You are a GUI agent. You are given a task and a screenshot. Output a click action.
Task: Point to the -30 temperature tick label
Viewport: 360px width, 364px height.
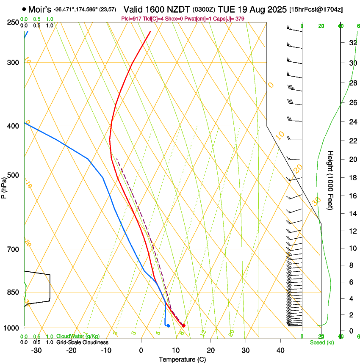[x=36, y=350]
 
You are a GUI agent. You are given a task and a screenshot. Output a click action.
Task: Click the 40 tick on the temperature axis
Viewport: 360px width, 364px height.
[x=280, y=350]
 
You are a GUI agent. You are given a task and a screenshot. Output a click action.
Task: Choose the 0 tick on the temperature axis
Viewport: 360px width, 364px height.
[x=141, y=350]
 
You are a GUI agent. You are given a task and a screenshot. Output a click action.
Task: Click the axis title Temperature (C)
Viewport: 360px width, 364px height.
[x=182, y=359]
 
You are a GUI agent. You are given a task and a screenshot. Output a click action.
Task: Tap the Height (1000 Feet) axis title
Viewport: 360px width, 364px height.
[x=330, y=180]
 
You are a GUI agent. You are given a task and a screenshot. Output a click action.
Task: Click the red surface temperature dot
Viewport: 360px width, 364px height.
[x=183, y=325]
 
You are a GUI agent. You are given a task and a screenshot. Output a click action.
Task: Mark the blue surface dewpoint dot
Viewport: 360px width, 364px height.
[x=168, y=325]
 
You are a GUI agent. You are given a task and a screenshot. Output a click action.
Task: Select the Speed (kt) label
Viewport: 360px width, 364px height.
[x=321, y=342]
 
